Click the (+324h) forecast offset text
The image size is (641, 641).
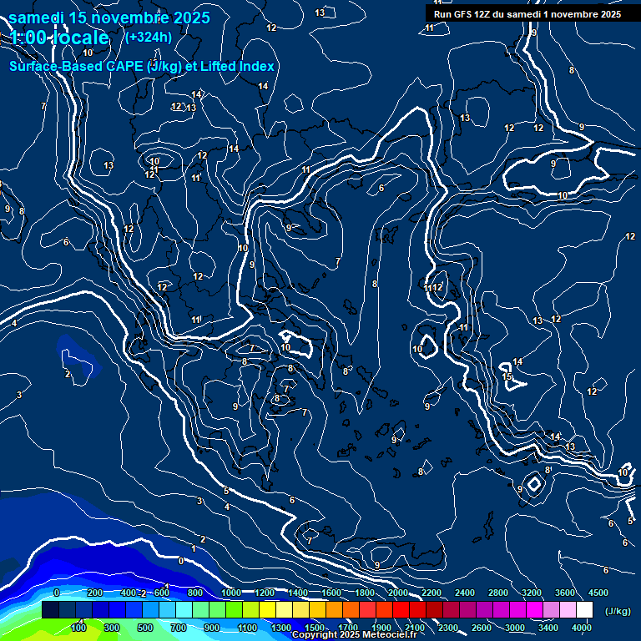[149, 37]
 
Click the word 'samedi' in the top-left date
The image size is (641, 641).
[38, 18]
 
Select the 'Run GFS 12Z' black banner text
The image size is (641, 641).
[527, 14]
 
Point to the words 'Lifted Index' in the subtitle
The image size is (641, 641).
[237, 66]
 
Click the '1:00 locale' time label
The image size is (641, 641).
[60, 38]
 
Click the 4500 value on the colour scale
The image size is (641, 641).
[598, 593]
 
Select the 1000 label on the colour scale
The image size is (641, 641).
[232, 593]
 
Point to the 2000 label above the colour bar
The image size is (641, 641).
[399, 593]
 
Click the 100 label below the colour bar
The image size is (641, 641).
[79, 628]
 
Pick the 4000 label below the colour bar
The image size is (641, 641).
[582, 628]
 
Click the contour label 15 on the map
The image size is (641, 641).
[507, 377]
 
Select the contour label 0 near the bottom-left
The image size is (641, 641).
[181, 561]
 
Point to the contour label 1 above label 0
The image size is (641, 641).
[194, 548]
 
